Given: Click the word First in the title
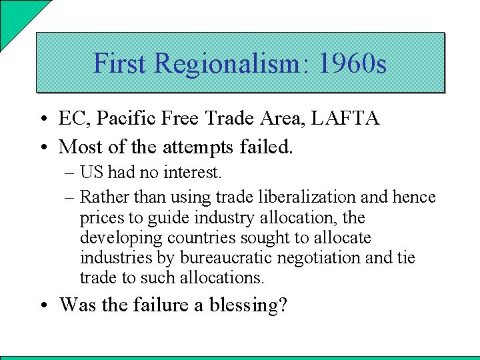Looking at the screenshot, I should click(x=120, y=63).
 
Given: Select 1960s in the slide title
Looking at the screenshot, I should click(x=353, y=63).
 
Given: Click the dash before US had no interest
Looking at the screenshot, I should click(x=70, y=173).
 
